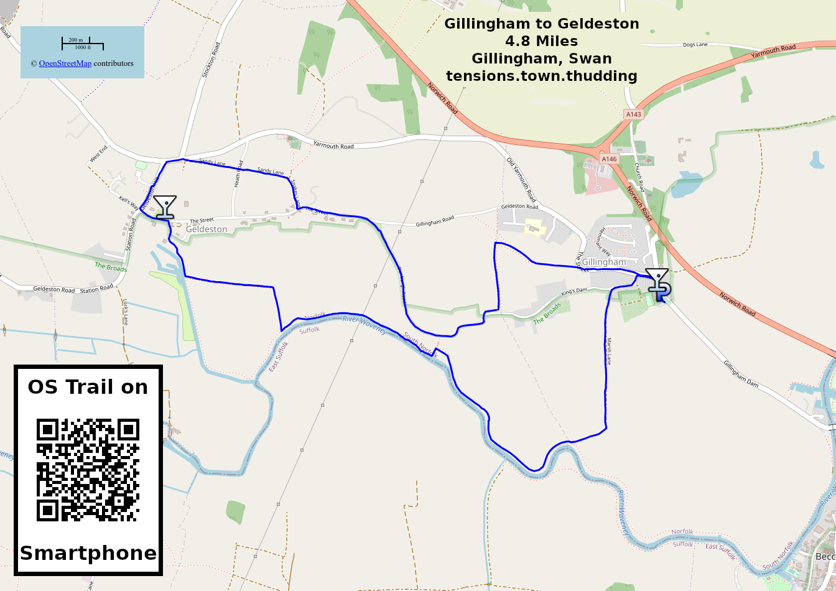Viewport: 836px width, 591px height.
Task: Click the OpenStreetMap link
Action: (x=65, y=63)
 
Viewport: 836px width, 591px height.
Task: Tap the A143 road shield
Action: (x=633, y=114)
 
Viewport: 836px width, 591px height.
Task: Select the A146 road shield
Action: (x=609, y=159)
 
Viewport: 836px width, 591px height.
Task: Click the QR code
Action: (x=88, y=470)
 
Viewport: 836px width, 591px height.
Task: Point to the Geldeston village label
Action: (x=207, y=230)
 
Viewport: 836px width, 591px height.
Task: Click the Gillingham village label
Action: (x=603, y=263)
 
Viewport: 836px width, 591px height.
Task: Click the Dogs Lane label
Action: (x=695, y=45)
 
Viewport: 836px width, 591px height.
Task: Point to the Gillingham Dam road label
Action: (x=741, y=374)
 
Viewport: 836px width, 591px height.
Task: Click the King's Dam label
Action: (x=574, y=291)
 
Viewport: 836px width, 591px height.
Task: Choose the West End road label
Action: (x=98, y=154)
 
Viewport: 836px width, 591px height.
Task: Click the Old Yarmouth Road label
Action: (x=521, y=180)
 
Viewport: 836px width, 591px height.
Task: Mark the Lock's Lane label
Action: (x=125, y=313)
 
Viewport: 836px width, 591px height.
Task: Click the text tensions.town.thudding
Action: (x=541, y=76)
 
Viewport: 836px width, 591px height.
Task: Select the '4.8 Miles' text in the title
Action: (x=541, y=41)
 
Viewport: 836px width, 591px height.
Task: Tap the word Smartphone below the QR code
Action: (x=88, y=553)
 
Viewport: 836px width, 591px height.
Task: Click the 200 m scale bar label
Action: (x=76, y=40)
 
